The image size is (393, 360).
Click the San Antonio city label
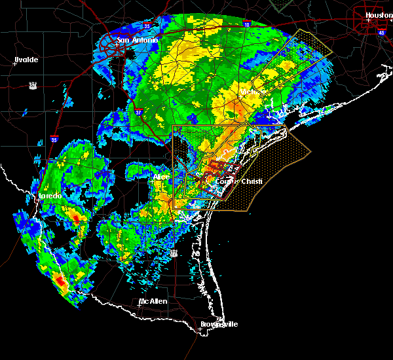click(138, 40)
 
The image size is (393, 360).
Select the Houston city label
click(379, 15)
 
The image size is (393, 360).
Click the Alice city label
click(161, 177)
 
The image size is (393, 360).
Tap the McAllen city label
click(153, 301)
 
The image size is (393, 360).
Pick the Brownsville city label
click(219, 324)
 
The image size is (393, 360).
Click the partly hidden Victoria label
click(249, 92)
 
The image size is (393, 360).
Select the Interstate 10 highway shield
click(247, 24)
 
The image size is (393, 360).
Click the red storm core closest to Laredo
click(77, 217)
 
